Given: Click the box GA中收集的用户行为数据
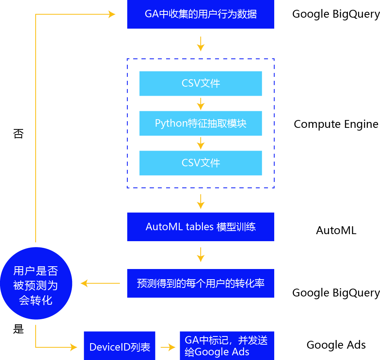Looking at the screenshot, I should [x=200, y=15].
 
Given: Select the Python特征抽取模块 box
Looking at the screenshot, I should [x=201, y=124].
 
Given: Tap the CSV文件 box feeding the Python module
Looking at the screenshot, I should [x=201, y=84].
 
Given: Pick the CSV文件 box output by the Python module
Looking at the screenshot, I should [x=201, y=163].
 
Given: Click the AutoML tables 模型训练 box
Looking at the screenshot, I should [x=200, y=227].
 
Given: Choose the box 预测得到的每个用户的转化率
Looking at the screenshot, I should [x=200, y=283].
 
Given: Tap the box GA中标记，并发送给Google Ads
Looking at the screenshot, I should [x=227, y=345].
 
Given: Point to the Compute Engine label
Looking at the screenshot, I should [x=336, y=124].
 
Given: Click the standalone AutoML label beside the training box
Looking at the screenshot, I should [x=336, y=230].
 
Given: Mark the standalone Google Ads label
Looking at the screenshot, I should [x=336, y=345].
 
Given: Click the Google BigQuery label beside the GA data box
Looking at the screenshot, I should [x=336, y=15].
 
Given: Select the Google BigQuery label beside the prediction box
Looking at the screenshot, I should [x=336, y=293].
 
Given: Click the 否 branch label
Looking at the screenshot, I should [x=18, y=134].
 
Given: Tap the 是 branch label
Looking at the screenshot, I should [x=18, y=329].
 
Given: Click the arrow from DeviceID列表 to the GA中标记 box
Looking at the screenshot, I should [x=168, y=347].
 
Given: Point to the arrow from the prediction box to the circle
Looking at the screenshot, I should [x=100, y=283].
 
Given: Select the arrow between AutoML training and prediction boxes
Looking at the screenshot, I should [x=201, y=255].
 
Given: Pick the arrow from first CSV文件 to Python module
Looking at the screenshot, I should [x=201, y=104].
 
